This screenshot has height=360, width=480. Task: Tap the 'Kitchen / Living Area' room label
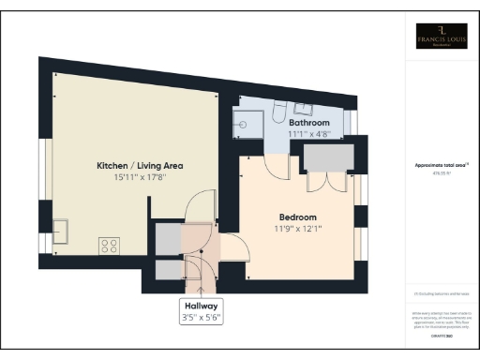click(x=140, y=166)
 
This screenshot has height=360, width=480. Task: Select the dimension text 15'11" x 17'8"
click(x=140, y=177)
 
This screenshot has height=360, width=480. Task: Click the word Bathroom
click(x=308, y=123)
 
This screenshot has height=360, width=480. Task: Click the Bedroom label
click(x=297, y=217)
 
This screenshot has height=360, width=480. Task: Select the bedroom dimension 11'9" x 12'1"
click(x=297, y=228)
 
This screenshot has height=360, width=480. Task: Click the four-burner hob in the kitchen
click(x=109, y=246)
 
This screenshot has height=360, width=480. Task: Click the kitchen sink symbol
click(x=60, y=231)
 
